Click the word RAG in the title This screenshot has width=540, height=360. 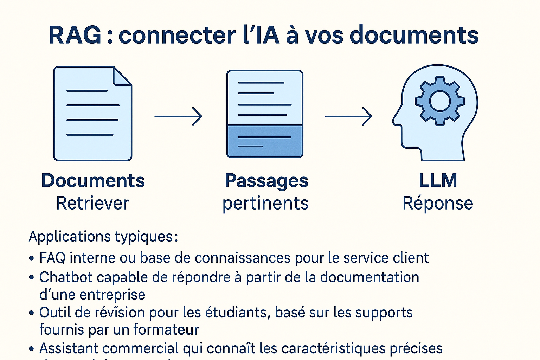pos(75,35)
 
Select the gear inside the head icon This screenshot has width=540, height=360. pos(440,101)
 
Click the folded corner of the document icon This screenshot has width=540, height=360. pos(122,76)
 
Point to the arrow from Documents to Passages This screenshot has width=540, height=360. pos(178,116)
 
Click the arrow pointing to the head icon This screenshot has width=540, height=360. pos(348,116)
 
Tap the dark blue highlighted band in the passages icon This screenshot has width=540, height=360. pos(265,141)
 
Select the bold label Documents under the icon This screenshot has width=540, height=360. pos(93,181)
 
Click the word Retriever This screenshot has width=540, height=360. pos(92,203)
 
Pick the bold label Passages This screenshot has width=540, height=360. pos(266,181)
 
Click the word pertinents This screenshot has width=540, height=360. pos(265,204)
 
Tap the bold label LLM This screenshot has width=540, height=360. pos(438,181)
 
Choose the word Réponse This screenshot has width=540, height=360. pos(438,203)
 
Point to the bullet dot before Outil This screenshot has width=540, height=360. pos(32,313)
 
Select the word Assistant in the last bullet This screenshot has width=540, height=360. pos(69,348)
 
